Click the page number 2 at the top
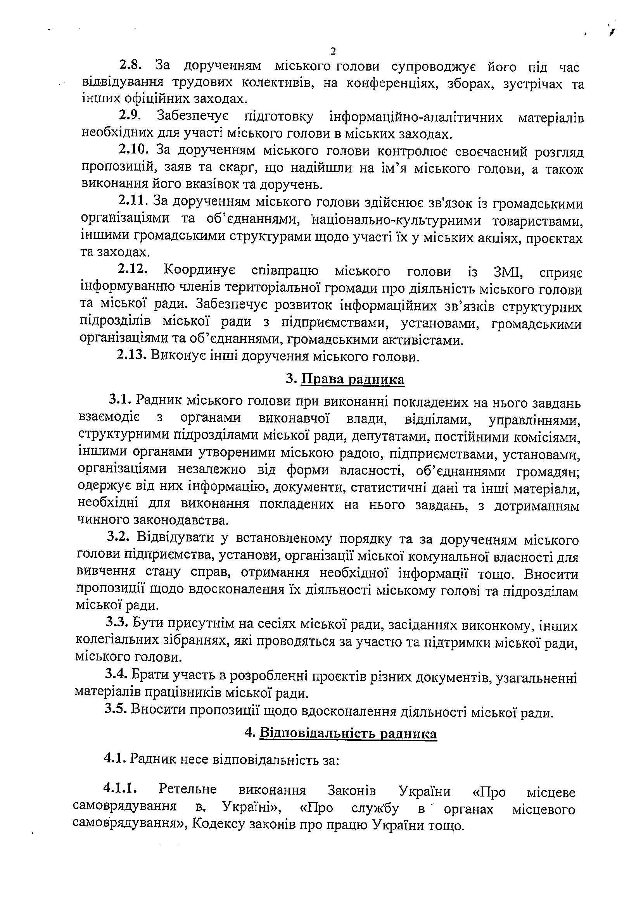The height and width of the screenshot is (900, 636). (x=333, y=51)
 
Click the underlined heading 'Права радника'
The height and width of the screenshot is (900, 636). (x=353, y=379)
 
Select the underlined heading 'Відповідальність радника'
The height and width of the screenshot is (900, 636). (x=348, y=733)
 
